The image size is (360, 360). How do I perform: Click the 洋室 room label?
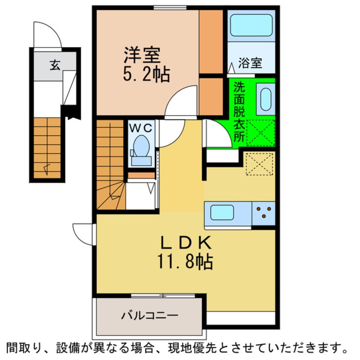[142, 55]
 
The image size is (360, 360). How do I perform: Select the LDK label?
[185, 243]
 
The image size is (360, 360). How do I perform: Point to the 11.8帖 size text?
[187, 262]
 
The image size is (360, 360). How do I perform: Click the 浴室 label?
[250, 64]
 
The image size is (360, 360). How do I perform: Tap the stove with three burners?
[263, 213]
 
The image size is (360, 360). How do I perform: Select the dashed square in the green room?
[260, 133]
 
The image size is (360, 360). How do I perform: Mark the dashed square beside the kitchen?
[259, 163]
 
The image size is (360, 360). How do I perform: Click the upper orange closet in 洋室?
[211, 41]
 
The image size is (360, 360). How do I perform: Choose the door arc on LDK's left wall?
[83, 234]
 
